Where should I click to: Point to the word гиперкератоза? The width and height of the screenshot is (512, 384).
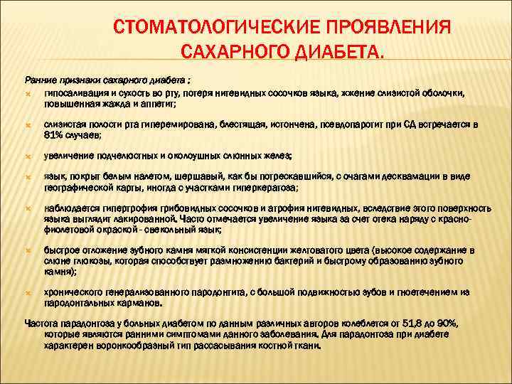(x=267, y=188)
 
